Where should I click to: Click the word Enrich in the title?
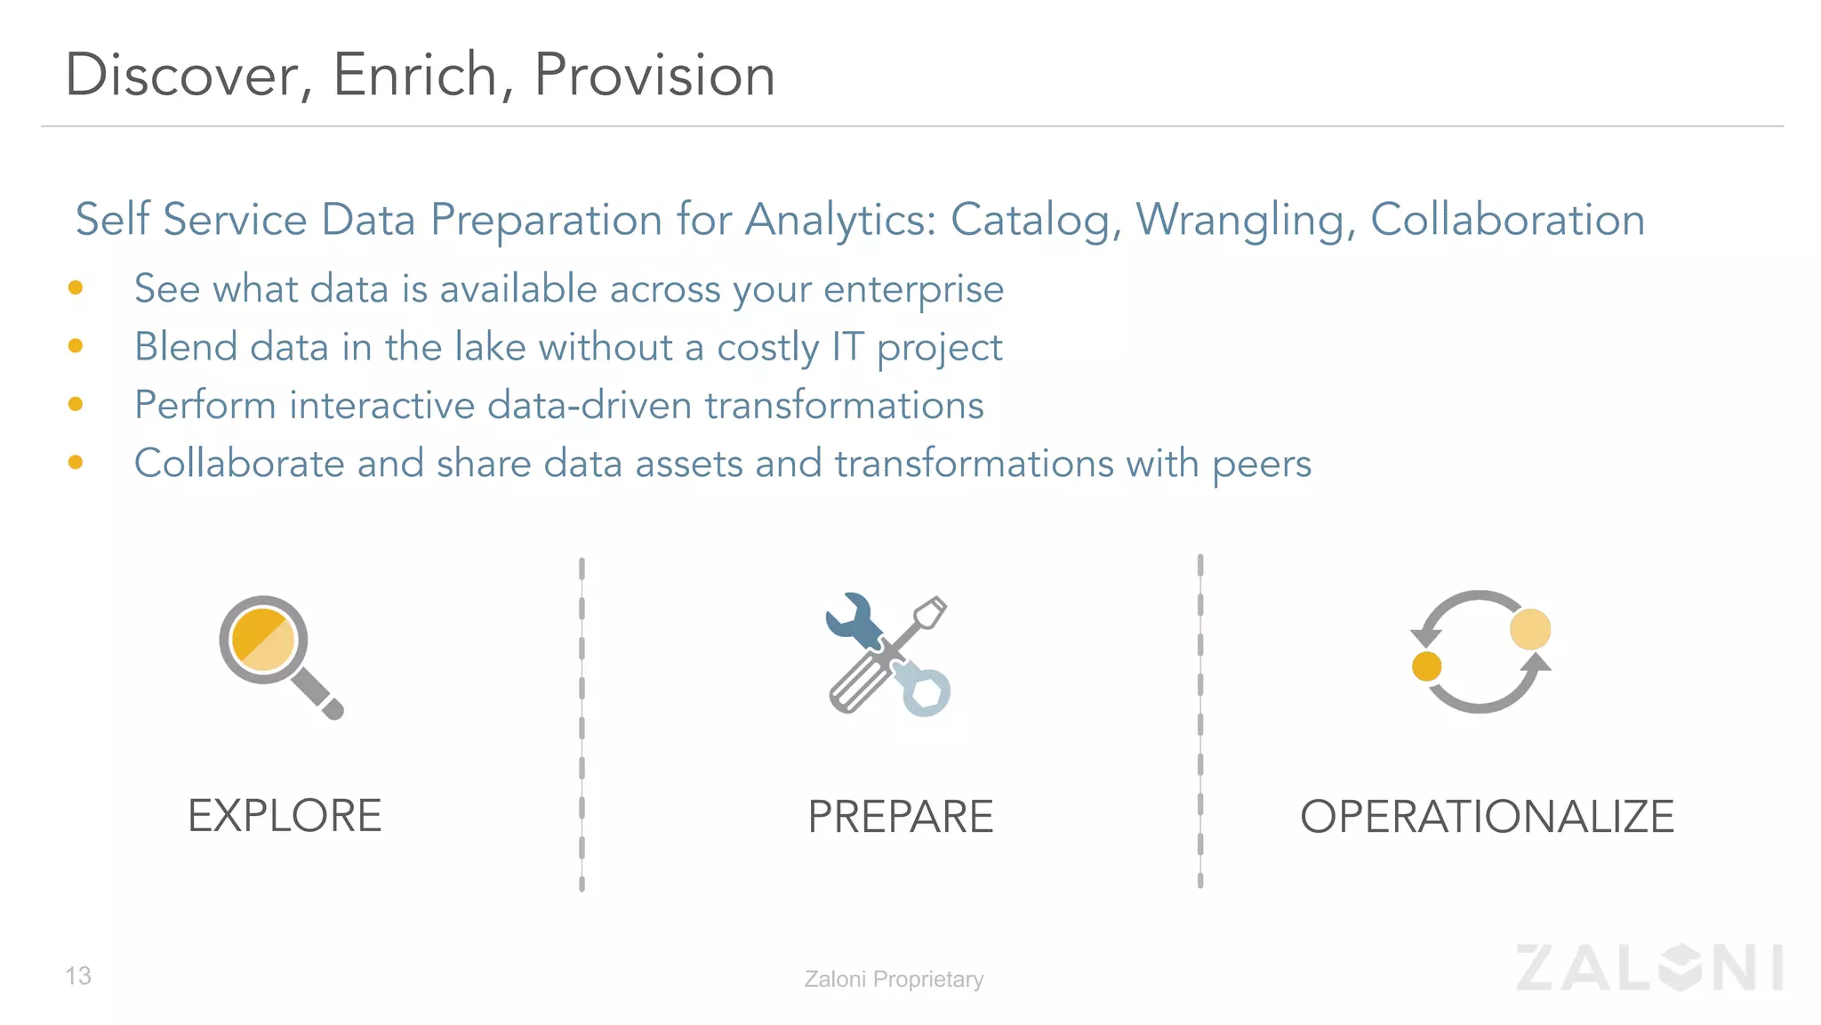tap(413, 75)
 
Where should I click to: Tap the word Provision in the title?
tap(654, 75)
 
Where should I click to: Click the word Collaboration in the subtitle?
tap(1507, 220)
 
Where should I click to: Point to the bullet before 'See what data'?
tap(76, 287)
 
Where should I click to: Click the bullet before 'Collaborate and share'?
tap(76, 462)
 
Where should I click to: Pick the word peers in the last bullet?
tap(1262, 464)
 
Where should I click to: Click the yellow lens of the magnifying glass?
tap(263, 640)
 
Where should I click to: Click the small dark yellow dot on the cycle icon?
tap(1426, 666)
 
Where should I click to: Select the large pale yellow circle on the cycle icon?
tap(1529, 629)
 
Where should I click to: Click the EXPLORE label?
tap(285, 816)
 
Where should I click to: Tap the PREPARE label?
tap(900, 817)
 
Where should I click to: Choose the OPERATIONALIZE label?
tap(1487, 817)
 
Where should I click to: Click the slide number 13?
tap(78, 976)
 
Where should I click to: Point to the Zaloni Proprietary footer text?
tap(894, 979)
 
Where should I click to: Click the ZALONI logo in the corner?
tap(1649, 967)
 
